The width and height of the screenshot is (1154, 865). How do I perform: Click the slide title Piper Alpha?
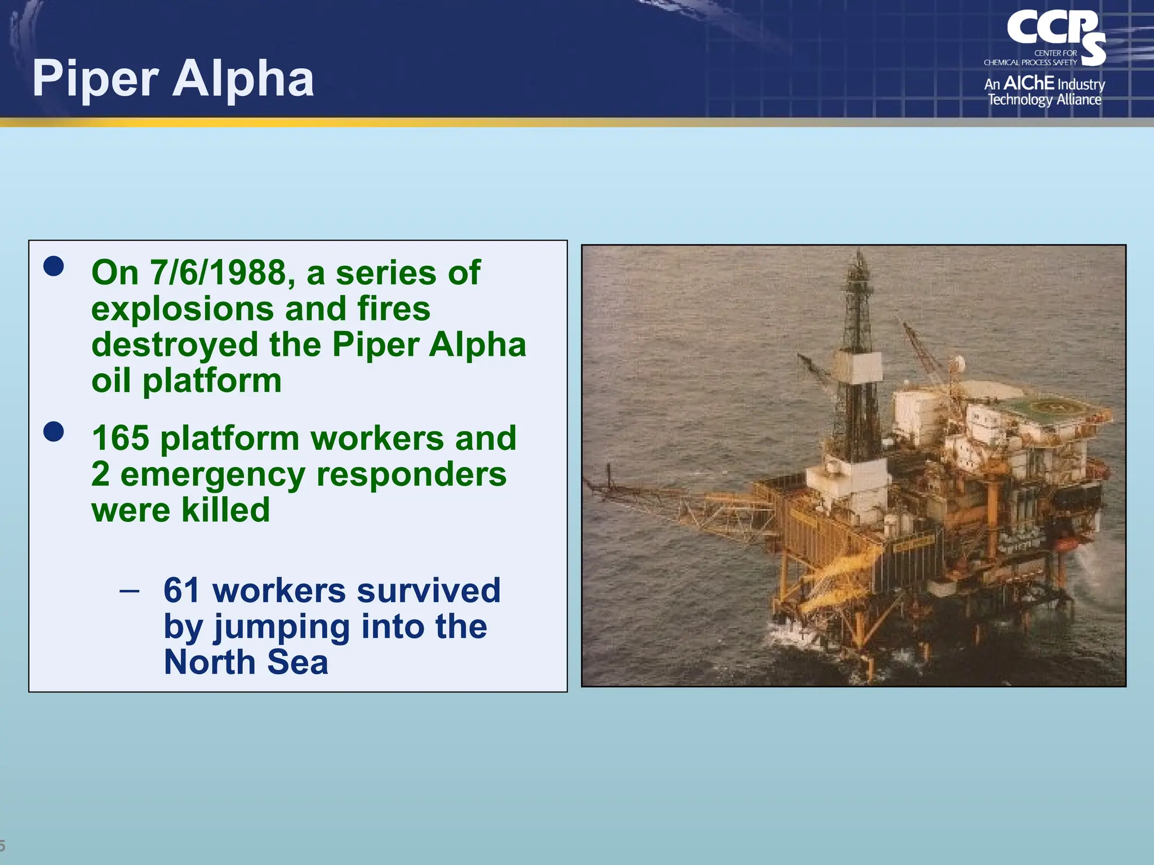(x=173, y=79)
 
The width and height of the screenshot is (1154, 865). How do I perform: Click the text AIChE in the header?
(x=1028, y=83)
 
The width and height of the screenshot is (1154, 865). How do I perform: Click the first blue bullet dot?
(x=54, y=266)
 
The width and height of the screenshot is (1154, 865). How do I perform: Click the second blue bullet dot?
(x=54, y=432)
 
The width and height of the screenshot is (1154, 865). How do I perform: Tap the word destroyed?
(x=175, y=345)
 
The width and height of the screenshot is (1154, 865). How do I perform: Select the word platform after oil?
(x=212, y=381)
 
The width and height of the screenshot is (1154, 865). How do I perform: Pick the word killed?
(x=225, y=510)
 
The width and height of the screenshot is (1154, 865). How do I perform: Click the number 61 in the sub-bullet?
(x=181, y=590)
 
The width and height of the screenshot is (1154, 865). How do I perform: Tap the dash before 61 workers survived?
(x=130, y=591)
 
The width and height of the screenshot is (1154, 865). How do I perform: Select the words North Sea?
(x=246, y=662)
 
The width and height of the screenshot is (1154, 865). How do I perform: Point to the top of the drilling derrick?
(x=859, y=256)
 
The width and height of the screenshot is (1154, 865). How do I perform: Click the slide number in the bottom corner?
(x=2, y=845)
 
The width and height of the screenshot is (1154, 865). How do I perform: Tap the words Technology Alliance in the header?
(x=1044, y=100)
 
